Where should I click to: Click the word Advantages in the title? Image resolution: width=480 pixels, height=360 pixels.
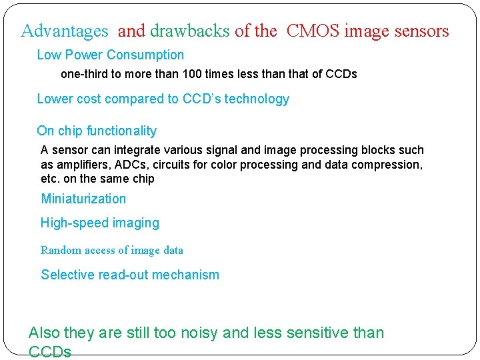tap(65, 31)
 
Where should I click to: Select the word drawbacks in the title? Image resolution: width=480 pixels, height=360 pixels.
tap(190, 31)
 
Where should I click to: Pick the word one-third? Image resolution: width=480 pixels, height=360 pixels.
tap(83, 74)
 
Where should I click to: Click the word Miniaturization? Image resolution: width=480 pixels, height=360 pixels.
tap(83, 199)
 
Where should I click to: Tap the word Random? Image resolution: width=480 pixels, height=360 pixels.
tap(60, 251)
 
